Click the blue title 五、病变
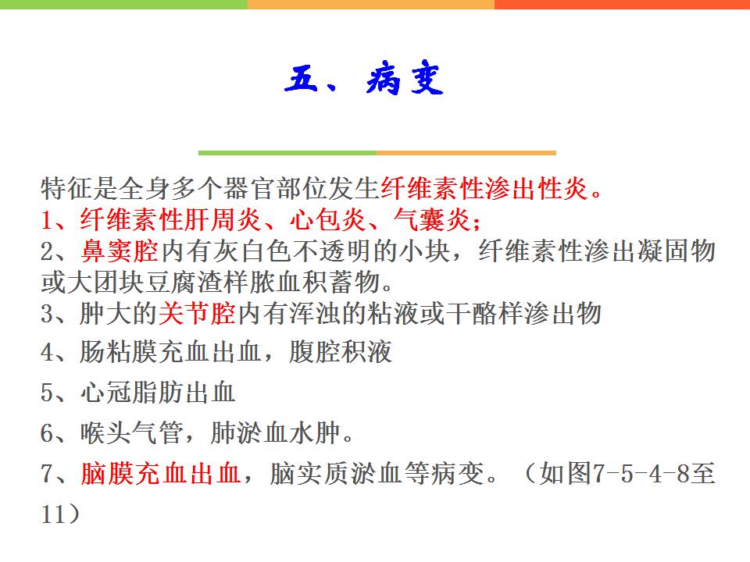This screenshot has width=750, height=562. point(364,80)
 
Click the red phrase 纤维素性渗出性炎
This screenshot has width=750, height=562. point(484,188)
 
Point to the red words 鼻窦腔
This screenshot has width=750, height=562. point(120,251)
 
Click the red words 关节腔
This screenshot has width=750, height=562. point(197,314)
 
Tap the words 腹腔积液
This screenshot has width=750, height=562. point(341,352)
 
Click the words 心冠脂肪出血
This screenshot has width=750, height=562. point(158,393)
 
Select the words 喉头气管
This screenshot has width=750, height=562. point(132,433)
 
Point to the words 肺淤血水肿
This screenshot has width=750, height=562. point(275,433)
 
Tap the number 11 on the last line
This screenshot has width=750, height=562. point(53,514)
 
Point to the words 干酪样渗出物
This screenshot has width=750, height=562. point(537,314)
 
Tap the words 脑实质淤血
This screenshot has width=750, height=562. point(334,474)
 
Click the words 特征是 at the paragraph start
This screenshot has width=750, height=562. point(80,188)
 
